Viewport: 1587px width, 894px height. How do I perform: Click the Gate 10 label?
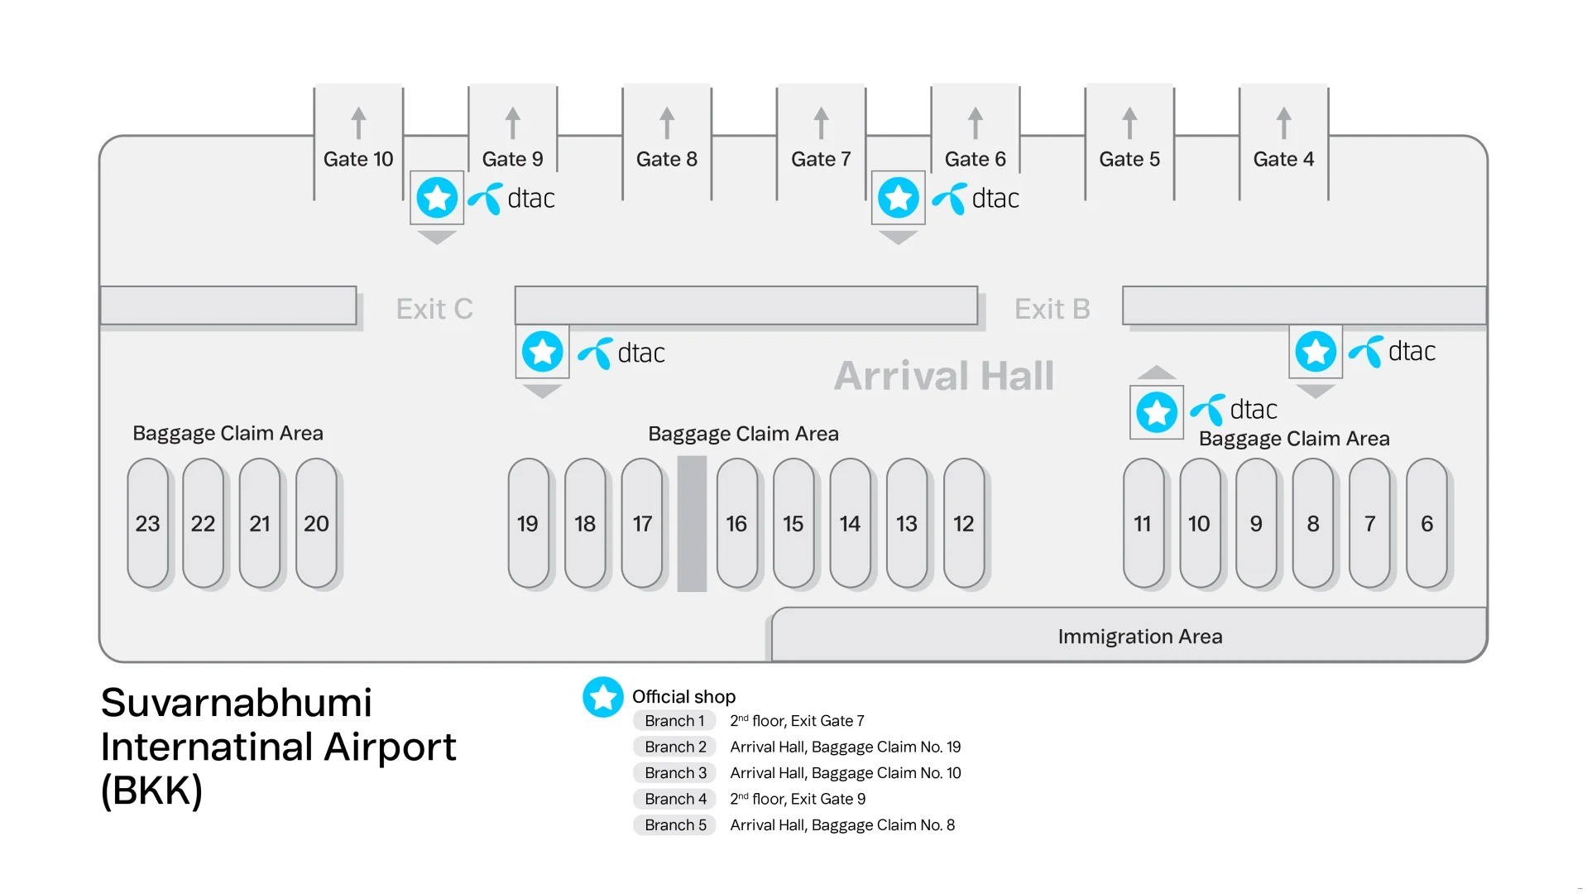click(x=357, y=159)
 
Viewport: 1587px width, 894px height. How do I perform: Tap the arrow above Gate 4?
click(x=1283, y=123)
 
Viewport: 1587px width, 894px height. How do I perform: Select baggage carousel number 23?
click(x=147, y=523)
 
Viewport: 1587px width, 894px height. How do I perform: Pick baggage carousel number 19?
click(x=527, y=523)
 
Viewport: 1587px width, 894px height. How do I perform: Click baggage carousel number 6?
click(x=1426, y=523)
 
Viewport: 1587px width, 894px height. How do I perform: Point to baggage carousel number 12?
click(x=963, y=523)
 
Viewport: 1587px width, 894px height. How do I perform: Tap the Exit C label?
click(x=434, y=309)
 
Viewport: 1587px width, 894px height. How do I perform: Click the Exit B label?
click(x=1052, y=309)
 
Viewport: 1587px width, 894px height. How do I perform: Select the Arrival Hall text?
click(x=943, y=376)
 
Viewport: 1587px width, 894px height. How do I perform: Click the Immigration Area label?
click(x=1139, y=637)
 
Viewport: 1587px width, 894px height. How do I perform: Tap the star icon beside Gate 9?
click(x=437, y=198)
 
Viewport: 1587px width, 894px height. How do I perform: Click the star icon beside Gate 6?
click(x=898, y=198)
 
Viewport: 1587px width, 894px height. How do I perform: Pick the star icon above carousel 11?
click(x=1156, y=411)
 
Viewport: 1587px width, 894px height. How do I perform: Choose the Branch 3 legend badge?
click(x=675, y=773)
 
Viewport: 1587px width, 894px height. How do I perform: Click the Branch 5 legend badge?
click(x=675, y=825)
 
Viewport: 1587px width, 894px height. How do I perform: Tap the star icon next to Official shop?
click(x=602, y=697)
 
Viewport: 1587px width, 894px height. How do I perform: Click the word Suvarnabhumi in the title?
click(x=237, y=704)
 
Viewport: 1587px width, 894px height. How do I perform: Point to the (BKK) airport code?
click(x=151, y=791)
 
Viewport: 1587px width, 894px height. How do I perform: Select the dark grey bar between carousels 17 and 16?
click(x=692, y=523)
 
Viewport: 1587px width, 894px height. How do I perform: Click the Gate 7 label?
click(x=820, y=159)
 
